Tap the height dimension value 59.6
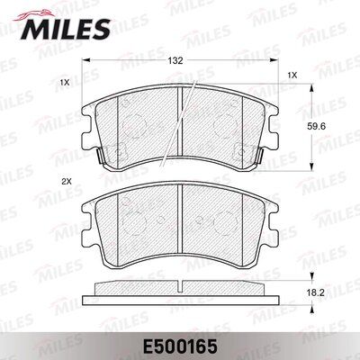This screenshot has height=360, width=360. [329, 127]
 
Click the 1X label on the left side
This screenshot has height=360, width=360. [64, 82]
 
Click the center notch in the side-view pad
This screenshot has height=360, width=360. [179, 285]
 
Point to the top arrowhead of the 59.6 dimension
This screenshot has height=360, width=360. [311, 88]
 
